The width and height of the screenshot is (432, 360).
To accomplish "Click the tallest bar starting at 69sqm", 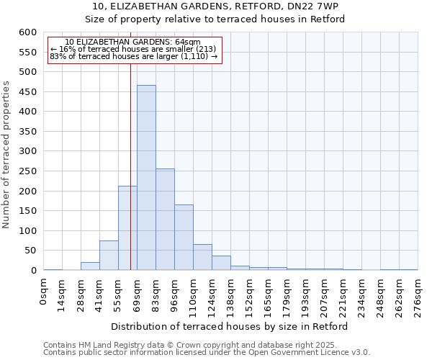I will pos(146,178).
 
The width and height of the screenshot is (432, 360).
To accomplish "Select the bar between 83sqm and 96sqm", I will pos(165,220).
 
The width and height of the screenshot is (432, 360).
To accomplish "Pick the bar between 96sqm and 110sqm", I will pos(184,238).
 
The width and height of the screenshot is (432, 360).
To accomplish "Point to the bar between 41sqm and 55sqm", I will pos(109,256).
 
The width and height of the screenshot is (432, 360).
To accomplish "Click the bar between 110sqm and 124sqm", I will pos(202,258).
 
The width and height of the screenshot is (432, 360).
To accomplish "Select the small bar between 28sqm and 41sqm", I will pos(90,266).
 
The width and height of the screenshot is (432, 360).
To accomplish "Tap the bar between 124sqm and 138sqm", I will pos(221,263).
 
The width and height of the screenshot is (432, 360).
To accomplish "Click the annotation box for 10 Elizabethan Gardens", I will pos(134,49).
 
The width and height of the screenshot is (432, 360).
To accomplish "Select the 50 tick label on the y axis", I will pos(30,251).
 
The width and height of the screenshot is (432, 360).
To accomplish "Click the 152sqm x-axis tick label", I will pos(250,295).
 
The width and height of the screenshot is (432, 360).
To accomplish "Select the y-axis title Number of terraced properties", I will pos(6,154).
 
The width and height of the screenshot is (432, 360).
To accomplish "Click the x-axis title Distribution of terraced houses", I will pos(230,326).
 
